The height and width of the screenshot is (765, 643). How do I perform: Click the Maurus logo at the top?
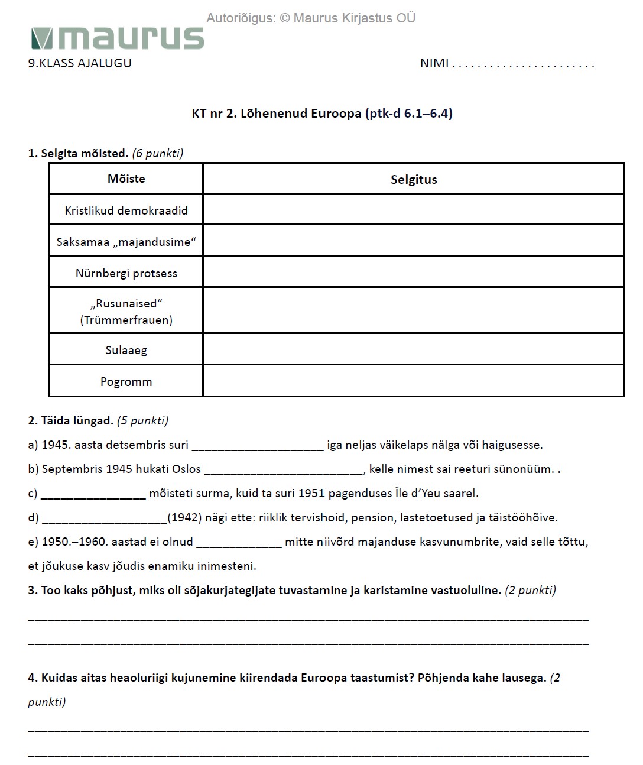[117, 38]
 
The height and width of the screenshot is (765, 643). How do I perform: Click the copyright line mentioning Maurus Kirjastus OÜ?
[311, 18]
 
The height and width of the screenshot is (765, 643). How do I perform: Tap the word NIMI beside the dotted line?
[434, 63]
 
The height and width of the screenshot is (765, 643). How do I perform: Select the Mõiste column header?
[126, 179]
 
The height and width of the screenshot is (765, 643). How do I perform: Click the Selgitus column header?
[414, 180]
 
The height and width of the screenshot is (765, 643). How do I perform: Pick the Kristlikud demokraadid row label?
[126, 210]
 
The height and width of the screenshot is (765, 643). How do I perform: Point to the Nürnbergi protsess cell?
[126, 273]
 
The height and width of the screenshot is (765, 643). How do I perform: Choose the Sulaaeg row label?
[126, 350]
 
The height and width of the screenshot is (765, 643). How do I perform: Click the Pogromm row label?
[126, 382]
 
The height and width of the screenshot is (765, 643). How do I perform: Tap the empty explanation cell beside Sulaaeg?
[414, 349]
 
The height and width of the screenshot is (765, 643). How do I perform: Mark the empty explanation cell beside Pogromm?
[414, 381]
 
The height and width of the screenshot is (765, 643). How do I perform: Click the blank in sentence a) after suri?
[258, 446]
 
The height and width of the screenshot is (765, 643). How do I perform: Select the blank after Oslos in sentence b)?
[284, 470]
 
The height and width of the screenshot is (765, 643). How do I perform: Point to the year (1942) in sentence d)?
[184, 518]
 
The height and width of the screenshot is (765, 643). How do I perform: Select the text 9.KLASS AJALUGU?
[80, 63]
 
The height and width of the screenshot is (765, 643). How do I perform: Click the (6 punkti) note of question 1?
[158, 154]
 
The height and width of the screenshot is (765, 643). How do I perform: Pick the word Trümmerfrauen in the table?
[126, 320]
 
